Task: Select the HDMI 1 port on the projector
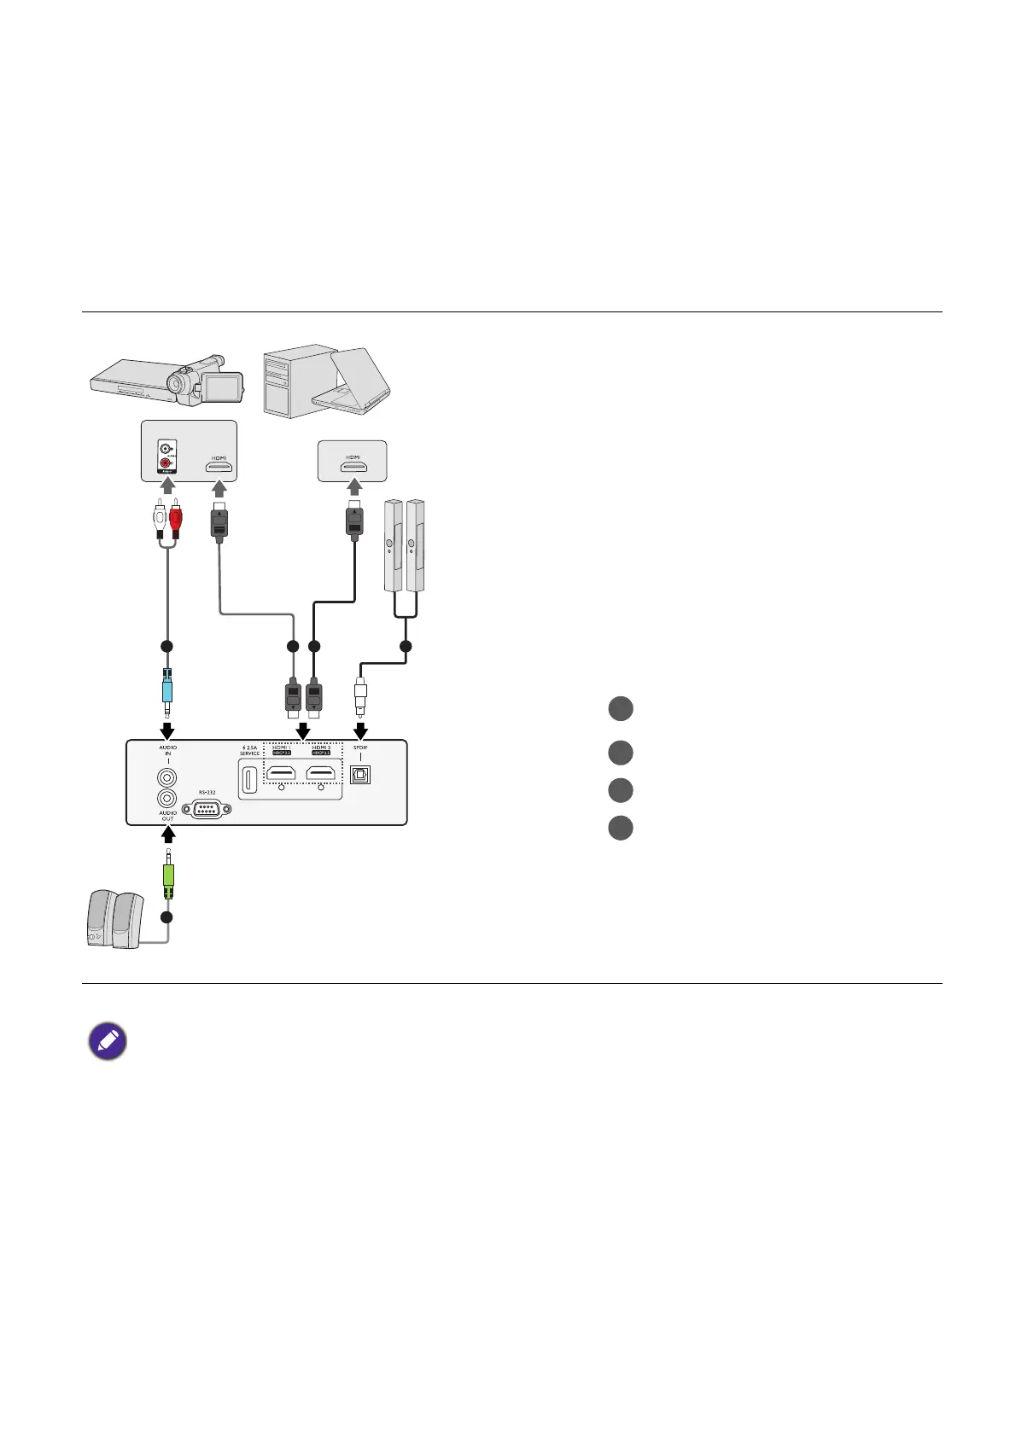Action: (x=282, y=773)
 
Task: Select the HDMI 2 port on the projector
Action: (x=320, y=773)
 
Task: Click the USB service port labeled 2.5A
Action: (x=249, y=780)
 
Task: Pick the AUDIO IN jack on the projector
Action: (x=167, y=777)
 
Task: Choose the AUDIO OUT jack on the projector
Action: (x=167, y=798)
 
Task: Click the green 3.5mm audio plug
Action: (x=167, y=876)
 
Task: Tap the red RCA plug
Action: (x=176, y=518)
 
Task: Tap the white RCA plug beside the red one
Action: (x=159, y=518)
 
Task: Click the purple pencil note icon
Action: (x=108, y=1042)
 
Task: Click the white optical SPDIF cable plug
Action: (x=360, y=691)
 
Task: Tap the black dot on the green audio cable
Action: (x=167, y=916)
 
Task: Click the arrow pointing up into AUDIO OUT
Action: (x=167, y=831)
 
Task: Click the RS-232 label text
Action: (x=207, y=791)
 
